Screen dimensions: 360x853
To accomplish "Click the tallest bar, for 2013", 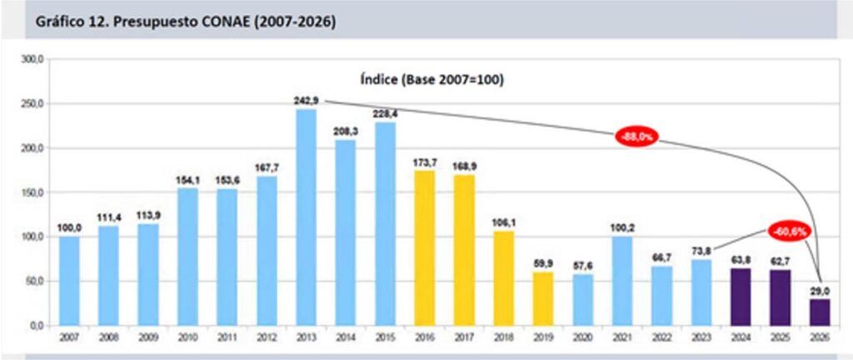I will click(x=307, y=217).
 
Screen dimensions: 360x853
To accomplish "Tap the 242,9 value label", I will click(x=307, y=100).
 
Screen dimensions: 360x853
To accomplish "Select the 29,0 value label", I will click(x=821, y=290).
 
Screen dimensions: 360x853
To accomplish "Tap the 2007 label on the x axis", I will click(x=69, y=337).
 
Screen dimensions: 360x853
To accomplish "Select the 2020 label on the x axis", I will click(x=584, y=337).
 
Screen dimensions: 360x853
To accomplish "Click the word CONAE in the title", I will click(x=224, y=22).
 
